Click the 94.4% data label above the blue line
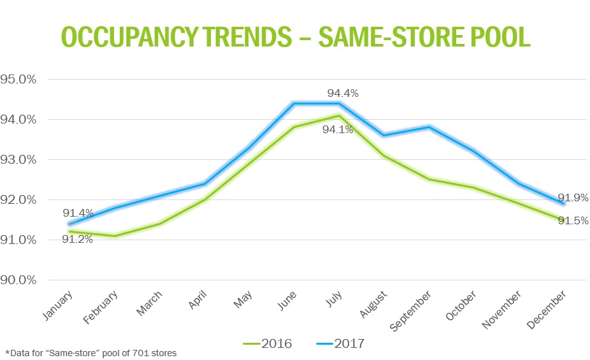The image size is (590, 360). pos(343,93)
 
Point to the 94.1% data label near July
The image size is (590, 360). pos(338,130)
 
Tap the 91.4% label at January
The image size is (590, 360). pos(78,213)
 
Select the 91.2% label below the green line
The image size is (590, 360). pos(77,240)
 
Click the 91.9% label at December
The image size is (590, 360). pos(573,198)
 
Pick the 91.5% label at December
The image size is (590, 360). pos(573,220)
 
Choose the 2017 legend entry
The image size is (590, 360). pos(340,344)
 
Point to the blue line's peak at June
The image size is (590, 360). pos(294,103)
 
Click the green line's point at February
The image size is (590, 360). pos(114,236)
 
